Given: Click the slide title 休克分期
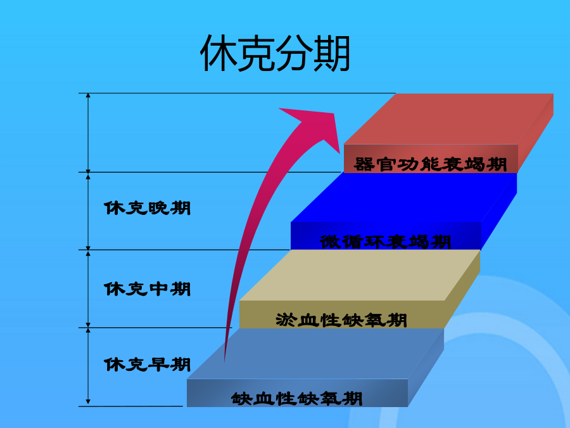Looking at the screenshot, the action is click(275, 53).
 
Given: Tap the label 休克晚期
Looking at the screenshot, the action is click(147, 208).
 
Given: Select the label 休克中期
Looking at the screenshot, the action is click(147, 289).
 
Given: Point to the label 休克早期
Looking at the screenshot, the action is click(147, 365).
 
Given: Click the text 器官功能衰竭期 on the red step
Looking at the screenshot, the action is click(431, 164).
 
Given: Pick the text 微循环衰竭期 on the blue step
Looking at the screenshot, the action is click(386, 242).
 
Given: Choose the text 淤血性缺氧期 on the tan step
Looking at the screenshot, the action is click(341, 320).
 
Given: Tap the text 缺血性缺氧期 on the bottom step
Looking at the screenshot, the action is click(297, 399).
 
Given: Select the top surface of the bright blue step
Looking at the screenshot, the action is click(403, 197).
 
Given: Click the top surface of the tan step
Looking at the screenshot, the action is click(360, 275).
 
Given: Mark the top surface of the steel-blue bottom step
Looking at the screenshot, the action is click(315, 354).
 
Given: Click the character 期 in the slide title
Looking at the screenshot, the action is click(332, 53).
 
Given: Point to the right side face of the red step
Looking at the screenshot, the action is click(535, 133).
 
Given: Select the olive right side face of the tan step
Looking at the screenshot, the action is click(462, 289).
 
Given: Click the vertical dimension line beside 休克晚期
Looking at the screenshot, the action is click(88, 211).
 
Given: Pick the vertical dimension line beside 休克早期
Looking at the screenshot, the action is click(88, 366).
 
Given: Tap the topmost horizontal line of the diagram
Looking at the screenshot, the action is click(237, 93).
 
